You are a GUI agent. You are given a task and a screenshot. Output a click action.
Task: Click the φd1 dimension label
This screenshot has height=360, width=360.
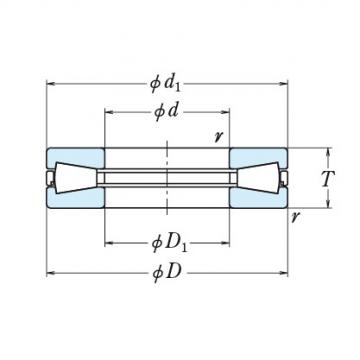[x=165, y=84]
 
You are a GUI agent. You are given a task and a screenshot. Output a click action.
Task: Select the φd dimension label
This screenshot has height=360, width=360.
[x=166, y=112]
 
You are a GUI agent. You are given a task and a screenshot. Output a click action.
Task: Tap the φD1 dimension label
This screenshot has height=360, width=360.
[x=169, y=244]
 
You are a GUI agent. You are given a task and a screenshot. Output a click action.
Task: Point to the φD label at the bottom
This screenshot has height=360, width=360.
[x=167, y=273]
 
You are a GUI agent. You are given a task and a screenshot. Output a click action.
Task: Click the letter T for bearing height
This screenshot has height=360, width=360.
[x=328, y=178]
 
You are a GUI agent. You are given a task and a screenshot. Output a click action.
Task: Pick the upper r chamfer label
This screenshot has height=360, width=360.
[x=219, y=136]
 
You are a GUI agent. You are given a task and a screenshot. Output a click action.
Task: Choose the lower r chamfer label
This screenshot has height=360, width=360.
[x=294, y=217]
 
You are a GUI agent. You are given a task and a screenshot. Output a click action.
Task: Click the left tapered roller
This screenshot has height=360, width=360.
[x=76, y=178]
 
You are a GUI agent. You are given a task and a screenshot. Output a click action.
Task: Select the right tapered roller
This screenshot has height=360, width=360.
[x=258, y=178]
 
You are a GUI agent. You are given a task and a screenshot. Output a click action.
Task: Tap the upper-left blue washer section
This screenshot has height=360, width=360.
[x=76, y=156]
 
